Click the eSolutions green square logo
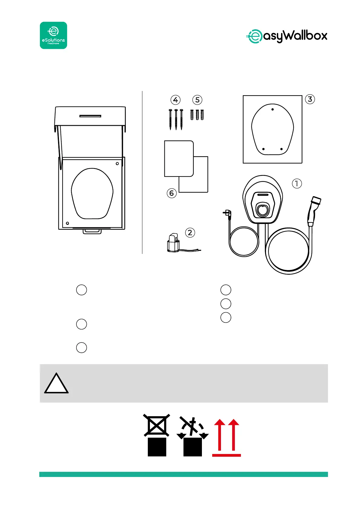54,35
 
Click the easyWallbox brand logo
287,36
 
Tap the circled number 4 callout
175,100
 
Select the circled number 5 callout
197,100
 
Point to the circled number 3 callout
310,99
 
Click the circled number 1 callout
297,183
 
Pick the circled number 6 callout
172,193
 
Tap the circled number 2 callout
190,232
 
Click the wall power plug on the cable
226,214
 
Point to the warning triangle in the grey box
56,384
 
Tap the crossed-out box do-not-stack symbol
157,435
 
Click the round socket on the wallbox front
262,209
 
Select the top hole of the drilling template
273,109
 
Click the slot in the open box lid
90,116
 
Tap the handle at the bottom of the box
92,232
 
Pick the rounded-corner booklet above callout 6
179,158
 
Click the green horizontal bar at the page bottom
183,474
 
